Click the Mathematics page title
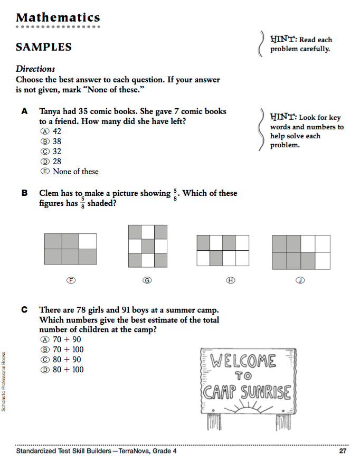[58, 18]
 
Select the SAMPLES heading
[43, 47]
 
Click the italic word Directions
[35, 69]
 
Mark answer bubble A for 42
[45, 131]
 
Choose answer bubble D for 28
[45, 162]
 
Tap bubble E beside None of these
[45, 172]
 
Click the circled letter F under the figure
[70, 280]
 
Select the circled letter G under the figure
[148, 280]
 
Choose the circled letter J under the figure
[300, 280]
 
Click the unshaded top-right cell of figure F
[88, 241]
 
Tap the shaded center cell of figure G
[148, 247]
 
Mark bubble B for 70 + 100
[45, 350]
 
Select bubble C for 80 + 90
[45, 360]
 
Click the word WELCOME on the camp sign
[243, 362]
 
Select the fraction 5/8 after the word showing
[175, 194]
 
